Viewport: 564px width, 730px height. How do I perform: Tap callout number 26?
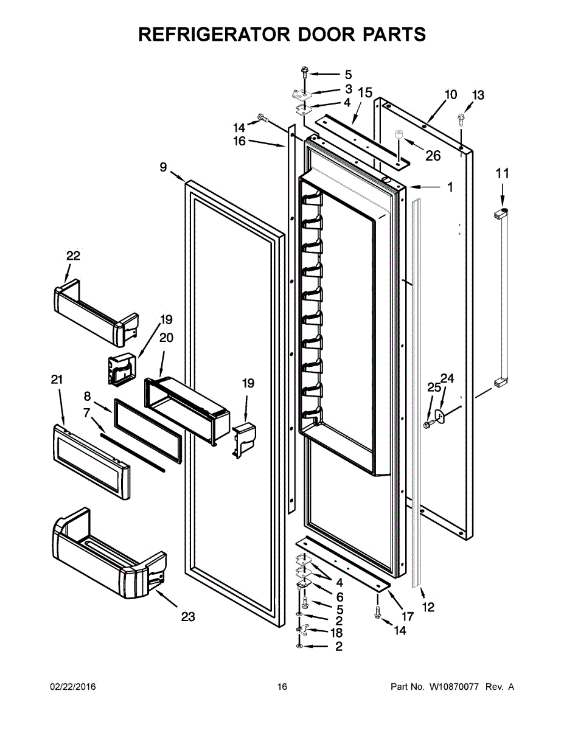[433, 156]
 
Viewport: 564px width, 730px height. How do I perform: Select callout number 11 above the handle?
[502, 173]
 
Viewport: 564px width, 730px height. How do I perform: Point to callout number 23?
[188, 617]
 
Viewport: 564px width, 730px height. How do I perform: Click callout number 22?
[73, 256]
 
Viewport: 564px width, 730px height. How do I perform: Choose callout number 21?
[57, 380]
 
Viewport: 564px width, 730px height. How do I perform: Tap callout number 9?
[163, 167]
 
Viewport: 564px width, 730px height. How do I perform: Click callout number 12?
[428, 607]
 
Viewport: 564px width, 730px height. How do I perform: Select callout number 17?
[408, 616]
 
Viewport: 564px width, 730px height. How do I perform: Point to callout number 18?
[336, 633]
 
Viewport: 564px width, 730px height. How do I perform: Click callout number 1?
[450, 188]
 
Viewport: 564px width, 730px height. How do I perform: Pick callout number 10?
[450, 94]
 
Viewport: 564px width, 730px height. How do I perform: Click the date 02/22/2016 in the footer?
[72, 687]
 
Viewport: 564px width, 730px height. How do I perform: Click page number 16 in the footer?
[282, 687]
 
